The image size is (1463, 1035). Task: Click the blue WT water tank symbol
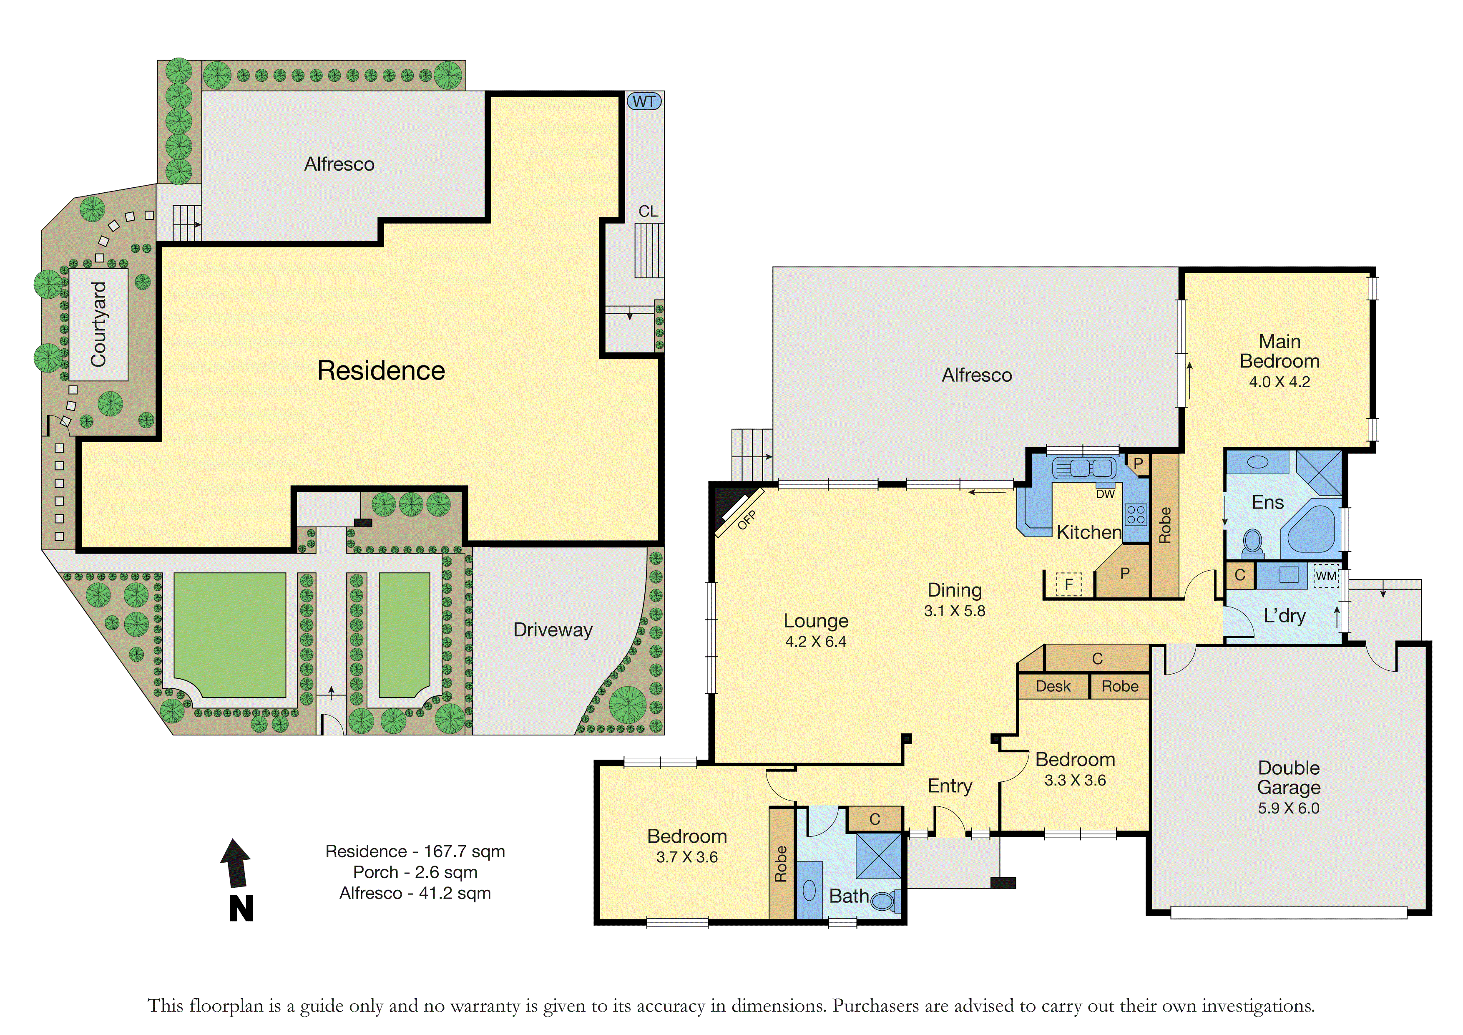[644, 101]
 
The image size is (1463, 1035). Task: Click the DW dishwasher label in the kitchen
[1106, 494]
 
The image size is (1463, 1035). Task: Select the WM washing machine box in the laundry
[1326, 576]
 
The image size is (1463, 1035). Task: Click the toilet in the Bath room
[885, 901]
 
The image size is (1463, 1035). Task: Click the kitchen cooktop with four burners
[1136, 514]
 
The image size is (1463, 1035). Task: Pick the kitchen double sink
[1084, 468]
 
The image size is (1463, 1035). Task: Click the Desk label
[1053, 686]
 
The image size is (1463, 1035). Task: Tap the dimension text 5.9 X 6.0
[1288, 808]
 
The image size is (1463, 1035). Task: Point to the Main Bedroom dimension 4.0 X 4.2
[1279, 382]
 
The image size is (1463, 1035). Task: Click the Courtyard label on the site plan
[99, 325]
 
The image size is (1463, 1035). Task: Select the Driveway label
[553, 630]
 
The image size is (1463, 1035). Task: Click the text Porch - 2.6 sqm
[415, 872]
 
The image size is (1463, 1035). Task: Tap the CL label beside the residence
[648, 211]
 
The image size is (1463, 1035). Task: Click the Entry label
[950, 786]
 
